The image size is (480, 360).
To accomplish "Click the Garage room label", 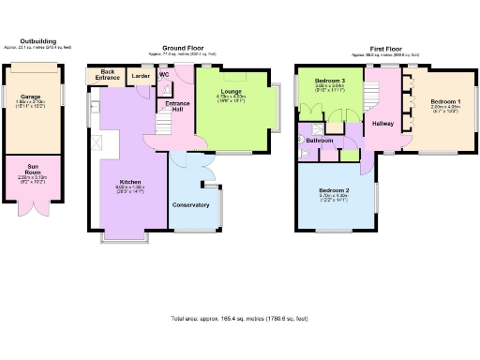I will click(30, 96).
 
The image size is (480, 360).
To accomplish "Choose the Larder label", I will click(141, 76).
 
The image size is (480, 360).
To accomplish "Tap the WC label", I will click(164, 73).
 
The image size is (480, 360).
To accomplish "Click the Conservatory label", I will click(190, 203).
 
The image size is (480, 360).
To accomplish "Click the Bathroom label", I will click(320, 141).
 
